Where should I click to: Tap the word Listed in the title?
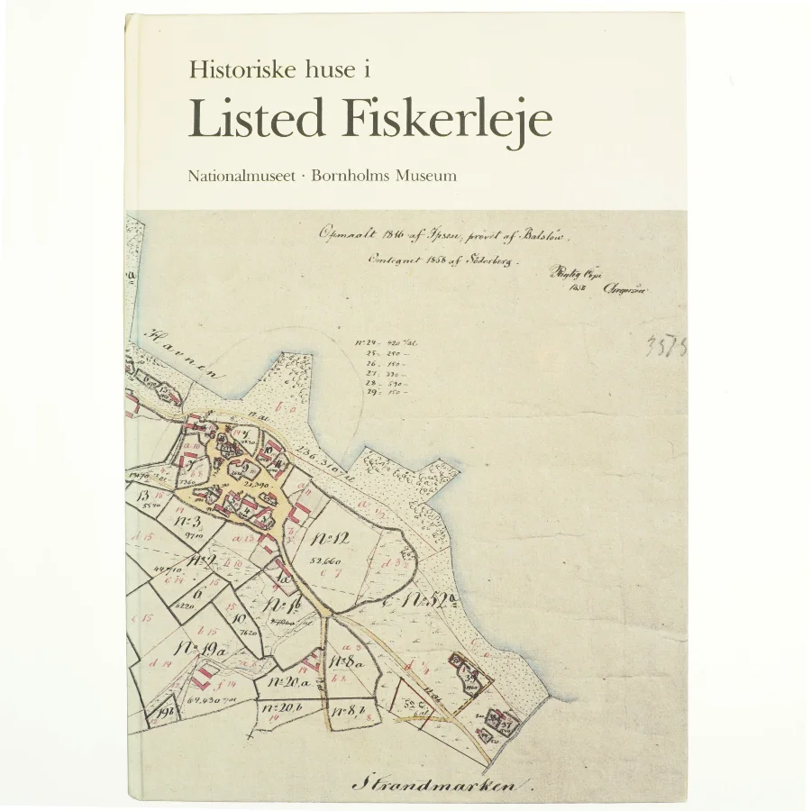coord(255,120)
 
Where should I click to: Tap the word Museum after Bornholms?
coord(428,176)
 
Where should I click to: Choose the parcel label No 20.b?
coord(286,709)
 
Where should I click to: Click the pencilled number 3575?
coord(665,347)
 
